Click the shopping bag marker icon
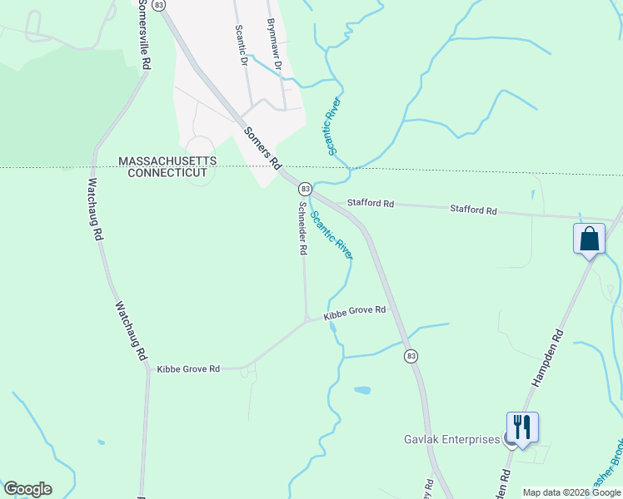point(590,240)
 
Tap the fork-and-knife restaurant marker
point(522,427)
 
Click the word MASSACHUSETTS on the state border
point(167,161)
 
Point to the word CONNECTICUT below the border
point(167,173)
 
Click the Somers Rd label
point(262,148)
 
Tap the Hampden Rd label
point(547,358)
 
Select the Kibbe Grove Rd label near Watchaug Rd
point(188,368)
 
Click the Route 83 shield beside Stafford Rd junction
point(306,190)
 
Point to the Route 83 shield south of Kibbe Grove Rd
point(410,356)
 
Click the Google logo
point(27,489)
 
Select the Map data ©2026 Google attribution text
point(571,493)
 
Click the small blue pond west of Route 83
point(362,389)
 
